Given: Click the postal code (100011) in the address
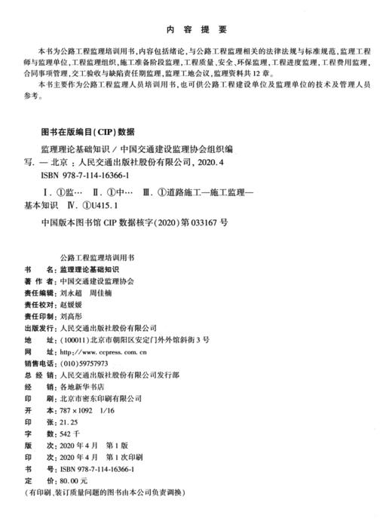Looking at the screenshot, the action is [x=75, y=341].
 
